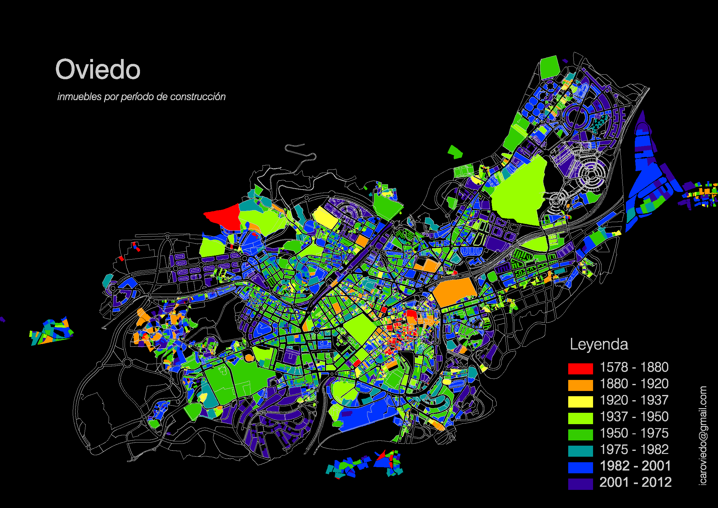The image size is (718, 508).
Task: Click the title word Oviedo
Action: tap(98, 69)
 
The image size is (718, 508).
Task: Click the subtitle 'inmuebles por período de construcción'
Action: tap(141, 97)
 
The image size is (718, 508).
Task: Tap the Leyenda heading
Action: tap(599, 345)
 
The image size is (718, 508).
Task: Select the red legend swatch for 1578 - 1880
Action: tap(580, 369)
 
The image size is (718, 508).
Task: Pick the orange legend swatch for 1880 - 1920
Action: tap(580, 385)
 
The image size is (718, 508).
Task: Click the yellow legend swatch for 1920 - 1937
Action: tap(580, 402)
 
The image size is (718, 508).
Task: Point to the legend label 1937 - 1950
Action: tap(634, 417)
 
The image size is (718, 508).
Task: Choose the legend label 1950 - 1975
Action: tap(634, 433)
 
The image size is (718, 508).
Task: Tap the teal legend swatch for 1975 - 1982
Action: tap(580, 451)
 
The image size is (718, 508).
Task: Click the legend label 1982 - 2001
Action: tap(635, 466)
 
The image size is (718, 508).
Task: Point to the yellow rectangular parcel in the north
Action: tap(325, 216)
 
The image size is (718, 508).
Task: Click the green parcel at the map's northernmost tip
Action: tap(549, 67)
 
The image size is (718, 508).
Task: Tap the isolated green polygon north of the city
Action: tap(455, 152)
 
